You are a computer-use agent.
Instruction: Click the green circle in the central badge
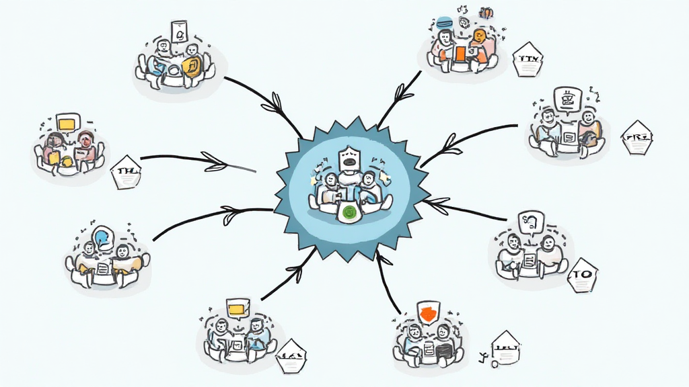pos(349,213)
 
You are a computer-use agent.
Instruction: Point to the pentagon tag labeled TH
pos(126,171)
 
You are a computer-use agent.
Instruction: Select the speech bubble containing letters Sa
pos(531,221)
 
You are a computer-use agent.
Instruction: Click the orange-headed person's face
pos(479,36)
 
